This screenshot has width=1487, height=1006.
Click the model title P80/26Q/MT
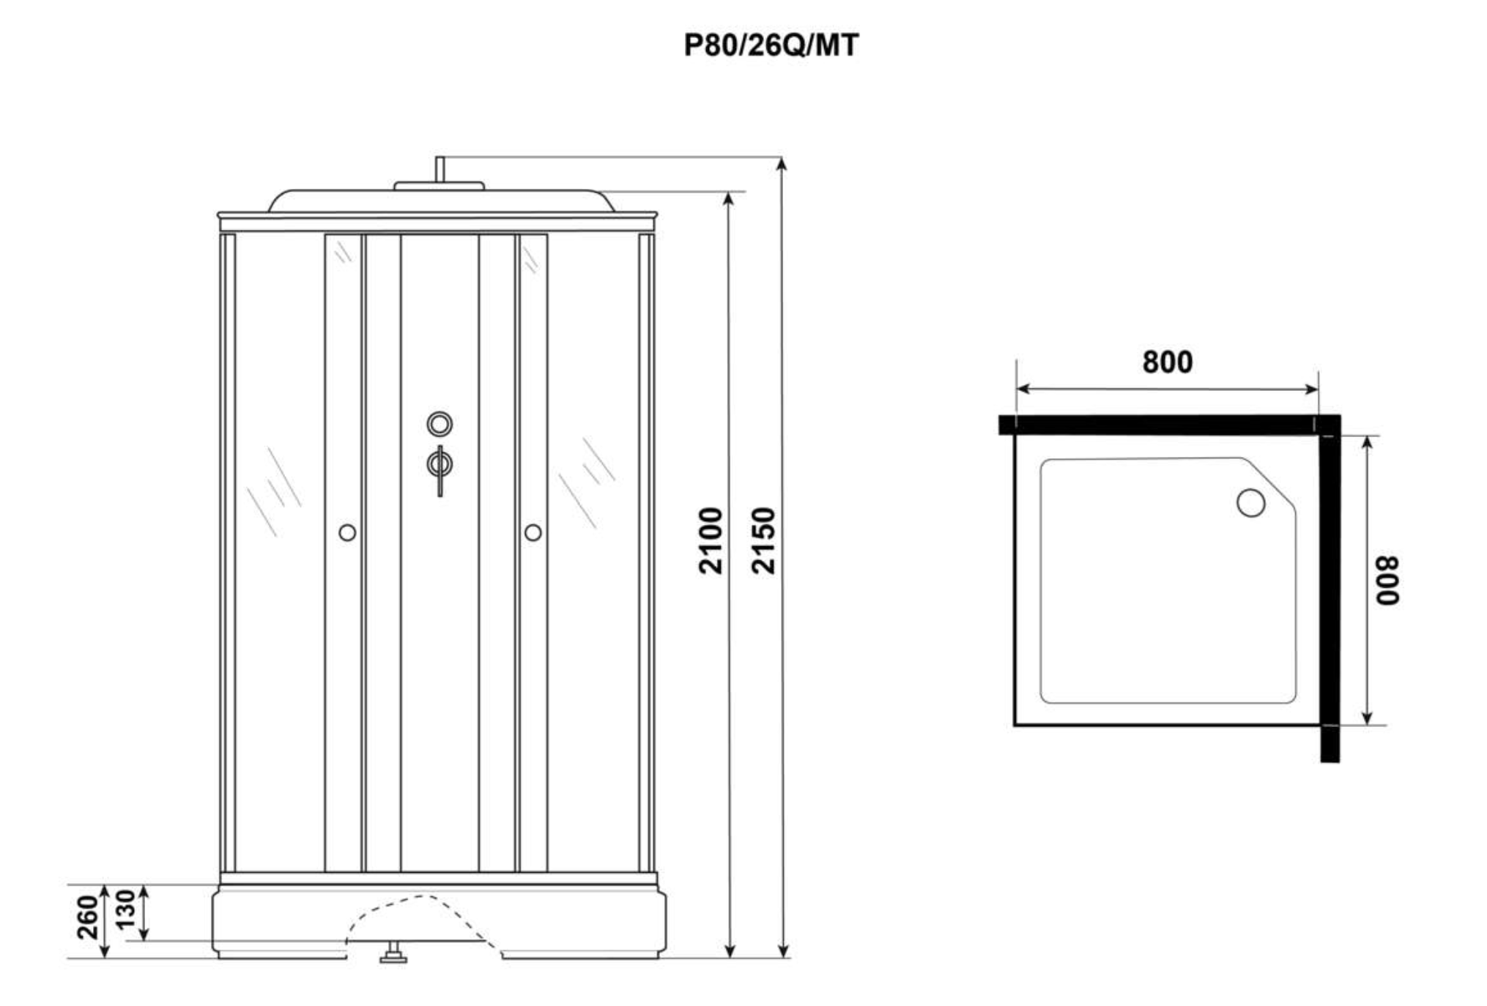[x=771, y=45]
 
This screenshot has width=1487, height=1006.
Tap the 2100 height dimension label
[x=711, y=540]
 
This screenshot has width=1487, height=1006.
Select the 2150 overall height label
[x=763, y=540]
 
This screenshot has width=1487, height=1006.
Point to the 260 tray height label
[x=87, y=917]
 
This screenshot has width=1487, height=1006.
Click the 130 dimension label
[x=126, y=909]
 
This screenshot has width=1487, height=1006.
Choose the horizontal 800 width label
[x=1168, y=362]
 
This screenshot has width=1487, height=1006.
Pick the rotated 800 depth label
[x=1387, y=580]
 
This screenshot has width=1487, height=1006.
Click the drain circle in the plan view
[x=1250, y=503]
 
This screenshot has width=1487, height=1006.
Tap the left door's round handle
[x=347, y=532]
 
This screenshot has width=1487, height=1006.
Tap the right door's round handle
[x=533, y=532]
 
